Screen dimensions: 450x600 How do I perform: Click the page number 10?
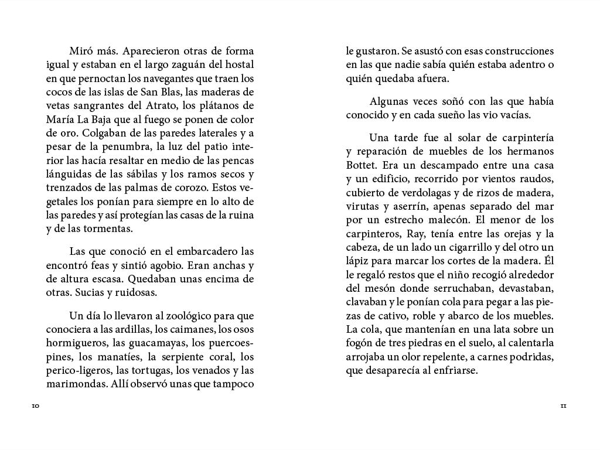point(36,406)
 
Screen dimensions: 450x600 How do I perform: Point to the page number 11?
point(563,406)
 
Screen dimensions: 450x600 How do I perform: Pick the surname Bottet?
point(361,166)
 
